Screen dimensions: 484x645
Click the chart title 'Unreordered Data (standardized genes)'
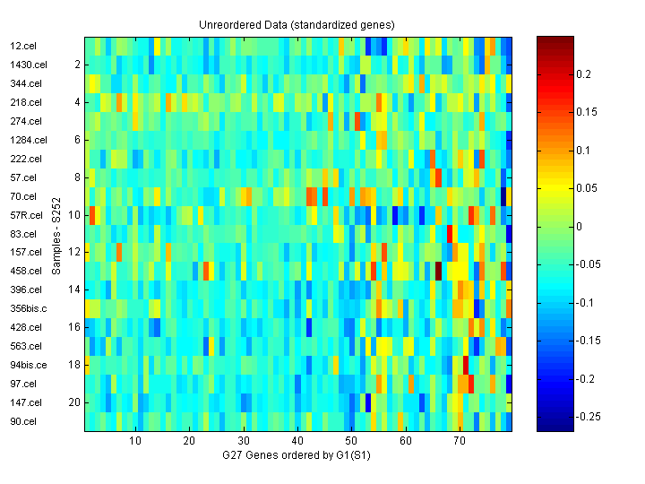click(x=297, y=24)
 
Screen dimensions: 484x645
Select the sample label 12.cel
click(x=22, y=46)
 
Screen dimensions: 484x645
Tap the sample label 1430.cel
click(x=28, y=65)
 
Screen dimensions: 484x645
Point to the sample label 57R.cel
click(x=26, y=215)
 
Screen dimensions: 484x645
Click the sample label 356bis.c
click(x=29, y=308)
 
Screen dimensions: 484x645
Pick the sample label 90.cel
click(x=23, y=421)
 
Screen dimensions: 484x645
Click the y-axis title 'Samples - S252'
click(x=56, y=233)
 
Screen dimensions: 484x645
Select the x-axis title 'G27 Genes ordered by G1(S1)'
click(x=297, y=456)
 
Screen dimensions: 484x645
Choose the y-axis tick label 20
click(x=75, y=402)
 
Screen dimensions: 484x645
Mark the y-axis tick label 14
click(x=75, y=290)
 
